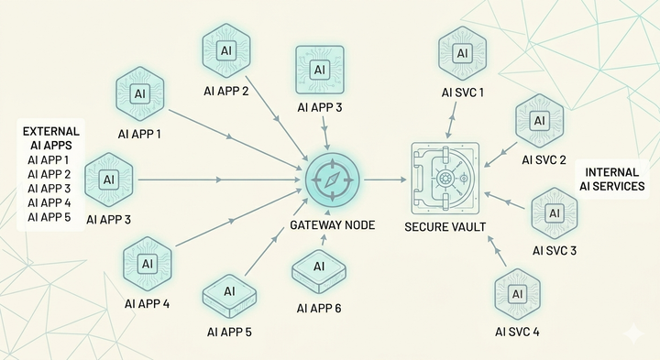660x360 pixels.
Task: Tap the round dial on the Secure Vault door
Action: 445,179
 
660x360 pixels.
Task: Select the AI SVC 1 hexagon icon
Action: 462,53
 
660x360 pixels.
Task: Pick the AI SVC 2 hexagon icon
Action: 539,120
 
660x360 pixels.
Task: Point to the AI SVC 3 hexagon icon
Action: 555,213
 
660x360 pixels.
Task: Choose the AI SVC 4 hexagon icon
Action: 517,293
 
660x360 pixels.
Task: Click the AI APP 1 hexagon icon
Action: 139,94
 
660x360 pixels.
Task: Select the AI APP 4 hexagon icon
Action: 146,263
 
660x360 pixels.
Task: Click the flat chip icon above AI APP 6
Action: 318,268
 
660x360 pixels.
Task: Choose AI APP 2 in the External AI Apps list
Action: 48,174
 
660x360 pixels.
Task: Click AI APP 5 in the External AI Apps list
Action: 48,217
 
